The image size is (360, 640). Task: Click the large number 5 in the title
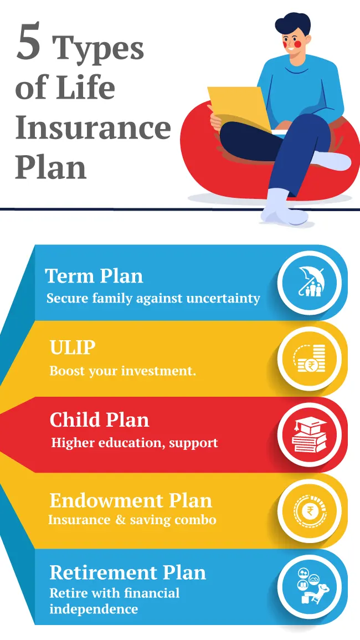[29, 43]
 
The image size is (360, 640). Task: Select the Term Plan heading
[94, 276]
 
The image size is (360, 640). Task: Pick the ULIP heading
[73, 348]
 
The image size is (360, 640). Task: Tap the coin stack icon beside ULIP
[310, 359]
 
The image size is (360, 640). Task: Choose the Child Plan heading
[99, 420]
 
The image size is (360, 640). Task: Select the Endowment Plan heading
[131, 500]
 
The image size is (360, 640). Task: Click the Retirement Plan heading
[127, 572]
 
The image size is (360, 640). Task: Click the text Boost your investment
[122, 371]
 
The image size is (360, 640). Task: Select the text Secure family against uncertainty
[153, 298]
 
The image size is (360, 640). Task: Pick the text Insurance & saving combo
[132, 520]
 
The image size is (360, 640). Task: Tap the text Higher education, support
[135, 443]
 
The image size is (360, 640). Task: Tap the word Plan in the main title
[50, 167]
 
